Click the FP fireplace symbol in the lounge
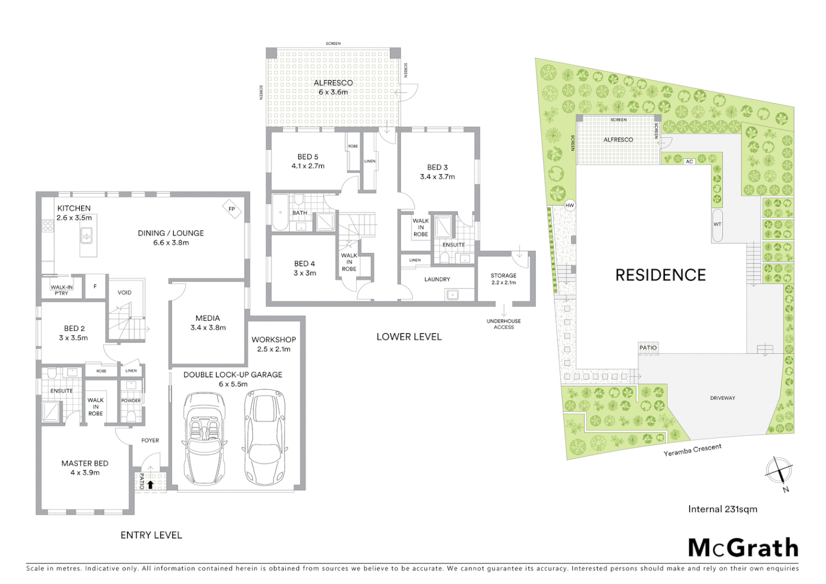pyautogui.click(x=232, y=209)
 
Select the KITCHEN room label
pyautogui.click(x=74, y=208)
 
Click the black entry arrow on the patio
pyautogui.click(x=150, y=485)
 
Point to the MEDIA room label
pyautogui.click(x=208, y=318)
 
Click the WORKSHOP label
pyautogui.click(x=274, y=340)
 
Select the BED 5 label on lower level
pyautogui.click(x=308, y=157)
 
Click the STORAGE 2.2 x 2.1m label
pyautogui.click(x=503, y=278)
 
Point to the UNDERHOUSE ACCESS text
pyautogui.click(x=503, y=324)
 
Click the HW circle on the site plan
pyautogui.click(x=570, y=205)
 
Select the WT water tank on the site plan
pyautogui.click(x=717, y=224)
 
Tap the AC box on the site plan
pyautogui.click(x=689, y=161)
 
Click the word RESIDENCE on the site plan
pyautogui.click(x=661, y=275)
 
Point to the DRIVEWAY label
pyautogui.click(x=722, y=398)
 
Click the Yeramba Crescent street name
pyautogui.click(x=692, y=450)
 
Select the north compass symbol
pyautogui.click(x=779, y=470)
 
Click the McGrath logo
pyautogui.click(x=743, y=548)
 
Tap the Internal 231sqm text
pyautogui.click(x=722, y=509)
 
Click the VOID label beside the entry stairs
pyautogui.click(x=124, y=293)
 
